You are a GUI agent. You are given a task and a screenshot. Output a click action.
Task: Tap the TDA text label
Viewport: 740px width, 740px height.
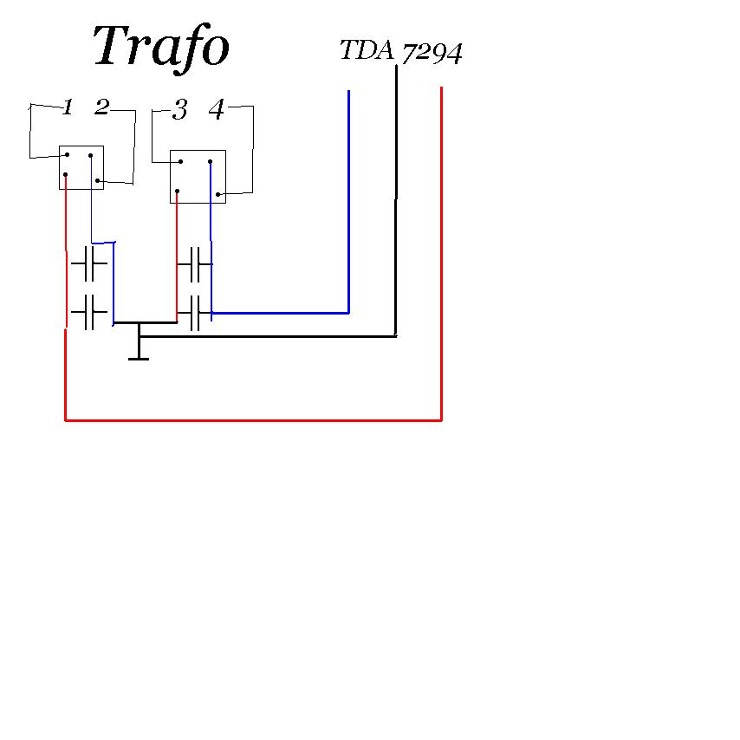tap(367, 51)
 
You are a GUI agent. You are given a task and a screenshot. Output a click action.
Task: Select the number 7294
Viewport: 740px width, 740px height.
tap(432, 54)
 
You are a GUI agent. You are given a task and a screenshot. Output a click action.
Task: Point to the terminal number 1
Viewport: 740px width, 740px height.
tap(67, 107)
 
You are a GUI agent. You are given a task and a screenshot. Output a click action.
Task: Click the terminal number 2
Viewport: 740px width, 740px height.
tap(101, 107)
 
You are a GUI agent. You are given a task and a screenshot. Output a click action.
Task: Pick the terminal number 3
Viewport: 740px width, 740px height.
tap(179, 110)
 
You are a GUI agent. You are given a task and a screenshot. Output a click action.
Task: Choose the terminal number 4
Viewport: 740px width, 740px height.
tap(217, 110)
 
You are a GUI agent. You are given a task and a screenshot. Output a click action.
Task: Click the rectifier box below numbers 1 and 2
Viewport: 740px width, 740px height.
tap(81, 167)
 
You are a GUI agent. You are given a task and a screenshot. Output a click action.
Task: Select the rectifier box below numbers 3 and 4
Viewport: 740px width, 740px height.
tap(198, 177)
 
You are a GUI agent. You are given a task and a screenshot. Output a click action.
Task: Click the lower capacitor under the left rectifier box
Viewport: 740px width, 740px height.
tap(88, 312)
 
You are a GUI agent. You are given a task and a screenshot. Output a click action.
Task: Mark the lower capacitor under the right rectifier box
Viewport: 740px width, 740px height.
tap(195, 313)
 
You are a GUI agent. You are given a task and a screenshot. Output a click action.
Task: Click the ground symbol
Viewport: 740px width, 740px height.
tap(139, 351)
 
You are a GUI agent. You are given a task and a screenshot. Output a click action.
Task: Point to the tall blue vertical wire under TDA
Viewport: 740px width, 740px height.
tap(348, 199)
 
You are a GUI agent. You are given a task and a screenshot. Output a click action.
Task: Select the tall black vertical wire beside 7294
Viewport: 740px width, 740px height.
tap(396, 199)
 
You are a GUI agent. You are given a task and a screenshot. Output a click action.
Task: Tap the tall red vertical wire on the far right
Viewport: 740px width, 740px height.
tap(442, 251)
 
